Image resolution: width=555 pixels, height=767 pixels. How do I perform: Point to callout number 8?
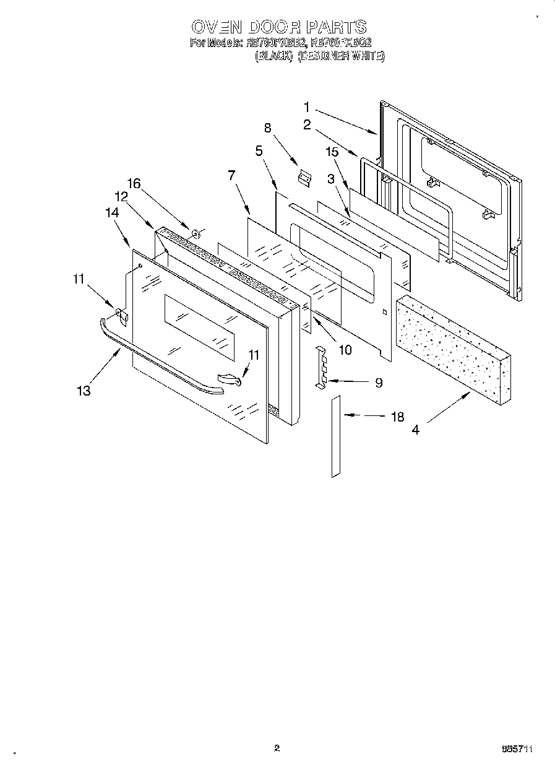[x=267, y=129]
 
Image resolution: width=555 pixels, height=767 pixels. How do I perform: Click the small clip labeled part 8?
[x=303, y=178]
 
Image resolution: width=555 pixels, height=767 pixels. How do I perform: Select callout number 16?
[x=134, y=183]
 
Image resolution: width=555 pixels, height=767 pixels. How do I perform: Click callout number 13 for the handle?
[x=84, y=390]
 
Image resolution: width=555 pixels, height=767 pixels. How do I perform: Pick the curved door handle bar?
[x=155, y=359]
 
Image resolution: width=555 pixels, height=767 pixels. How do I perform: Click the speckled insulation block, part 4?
[x=455, y=347]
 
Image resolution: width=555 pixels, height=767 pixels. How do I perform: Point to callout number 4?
[x=416, y=429]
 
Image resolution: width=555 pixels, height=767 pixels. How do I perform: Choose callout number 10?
[x=345, y=350]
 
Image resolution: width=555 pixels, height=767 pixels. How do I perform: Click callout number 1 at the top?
[x=307, y=106]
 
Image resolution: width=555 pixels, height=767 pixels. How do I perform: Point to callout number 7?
[x=231, y=175]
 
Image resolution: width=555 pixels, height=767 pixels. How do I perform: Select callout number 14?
[x=112, y=212]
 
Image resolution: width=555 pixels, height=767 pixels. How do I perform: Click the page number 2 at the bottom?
[x=277, y=748]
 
